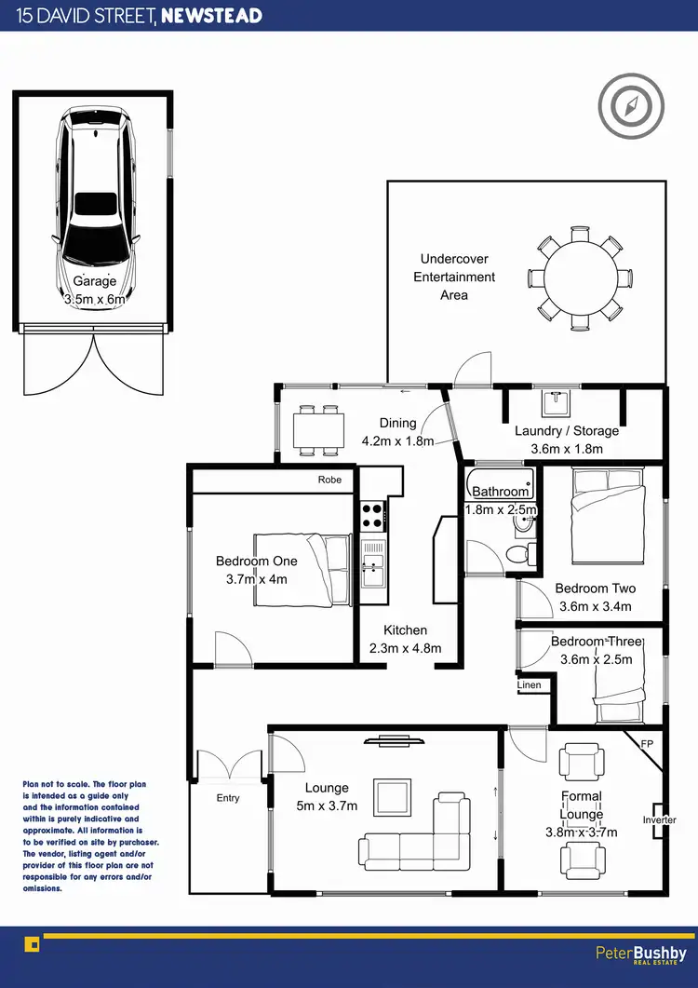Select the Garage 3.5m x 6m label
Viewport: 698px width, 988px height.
95,291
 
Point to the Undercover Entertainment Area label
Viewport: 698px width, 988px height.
454,277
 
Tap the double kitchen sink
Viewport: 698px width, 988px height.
373,564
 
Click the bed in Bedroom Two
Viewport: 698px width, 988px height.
607,517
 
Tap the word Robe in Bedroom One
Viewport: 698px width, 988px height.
329,480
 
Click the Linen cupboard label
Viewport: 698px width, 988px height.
529,685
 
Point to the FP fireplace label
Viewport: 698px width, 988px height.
649,745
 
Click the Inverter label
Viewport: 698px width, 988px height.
659,820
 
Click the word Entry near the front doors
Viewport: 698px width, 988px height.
228,798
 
